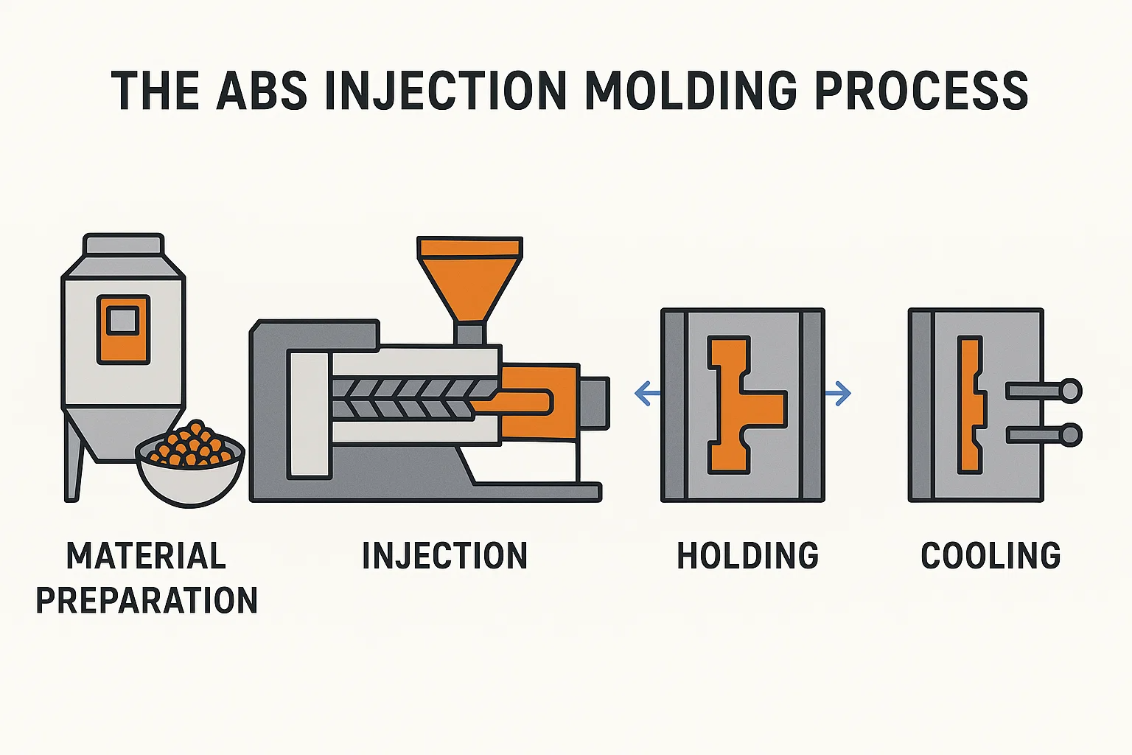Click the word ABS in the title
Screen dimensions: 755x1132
tap(262, 91)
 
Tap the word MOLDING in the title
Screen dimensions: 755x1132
tap(691, 91)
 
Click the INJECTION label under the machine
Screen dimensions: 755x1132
tap(444, 556)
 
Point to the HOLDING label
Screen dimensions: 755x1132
tap(747, 556)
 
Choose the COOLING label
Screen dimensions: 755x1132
tap(990, 556)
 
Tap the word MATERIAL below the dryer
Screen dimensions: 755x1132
tap(146, 556)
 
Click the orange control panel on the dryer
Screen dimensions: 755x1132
tap(123, 329)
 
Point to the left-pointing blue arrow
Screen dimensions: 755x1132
tap(647, 393)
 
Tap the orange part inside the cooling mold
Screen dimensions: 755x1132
tap(970, 404)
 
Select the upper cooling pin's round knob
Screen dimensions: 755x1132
tap(1070, 390)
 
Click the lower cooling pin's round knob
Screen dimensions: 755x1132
tap(1070, 435)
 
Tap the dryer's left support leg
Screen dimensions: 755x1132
tap(73, 461)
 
